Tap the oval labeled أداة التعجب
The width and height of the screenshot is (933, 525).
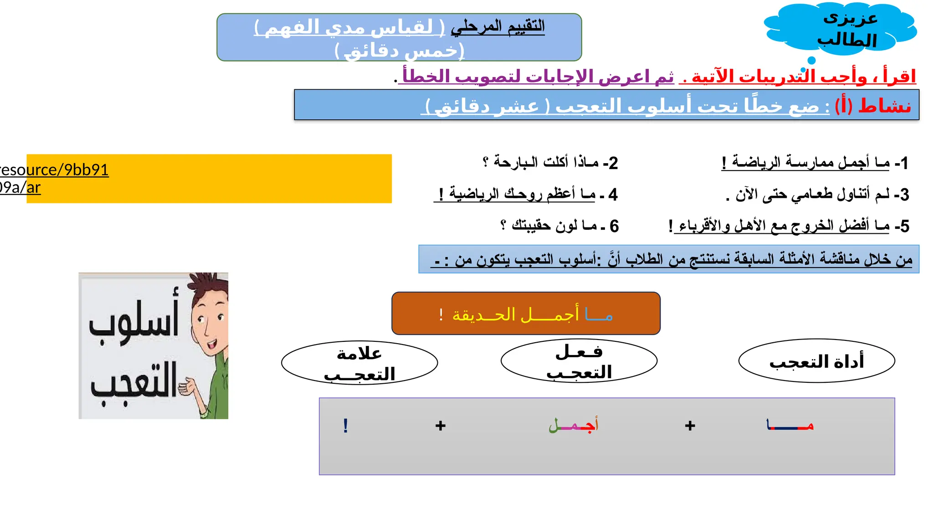816,361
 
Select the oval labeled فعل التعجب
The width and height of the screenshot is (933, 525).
579,361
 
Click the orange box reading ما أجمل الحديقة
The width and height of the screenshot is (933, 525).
526,314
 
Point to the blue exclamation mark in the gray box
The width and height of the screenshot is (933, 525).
346,426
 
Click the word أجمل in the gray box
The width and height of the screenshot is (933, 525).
573,425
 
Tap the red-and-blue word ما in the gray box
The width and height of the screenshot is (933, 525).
790,425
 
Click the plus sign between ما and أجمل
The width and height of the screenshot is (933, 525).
690,426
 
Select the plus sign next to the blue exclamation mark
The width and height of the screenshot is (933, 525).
440,426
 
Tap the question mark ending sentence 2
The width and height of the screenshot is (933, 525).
486,162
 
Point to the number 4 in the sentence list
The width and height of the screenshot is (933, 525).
613,195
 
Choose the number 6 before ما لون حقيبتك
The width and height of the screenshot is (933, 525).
614,226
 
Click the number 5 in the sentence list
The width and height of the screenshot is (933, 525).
905,226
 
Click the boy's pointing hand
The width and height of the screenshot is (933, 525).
187,387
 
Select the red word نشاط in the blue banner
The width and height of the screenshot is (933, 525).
884,106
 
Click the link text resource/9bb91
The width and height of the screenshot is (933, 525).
55,170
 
